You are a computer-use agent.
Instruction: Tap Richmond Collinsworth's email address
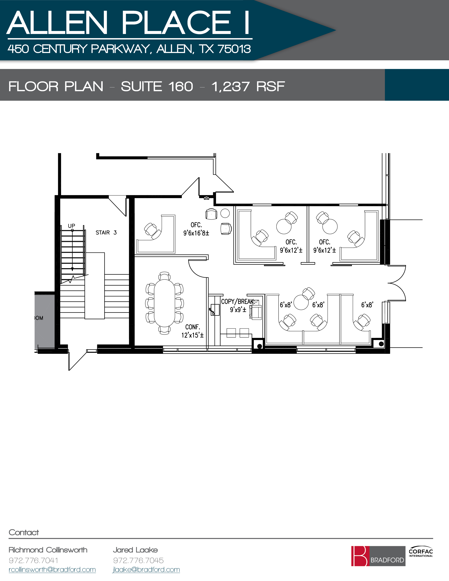tap(52, 570)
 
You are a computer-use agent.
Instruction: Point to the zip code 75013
tap(234, 49)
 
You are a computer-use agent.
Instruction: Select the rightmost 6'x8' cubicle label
tap(367, 305)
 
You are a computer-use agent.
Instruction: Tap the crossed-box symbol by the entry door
tap(206, 198)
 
